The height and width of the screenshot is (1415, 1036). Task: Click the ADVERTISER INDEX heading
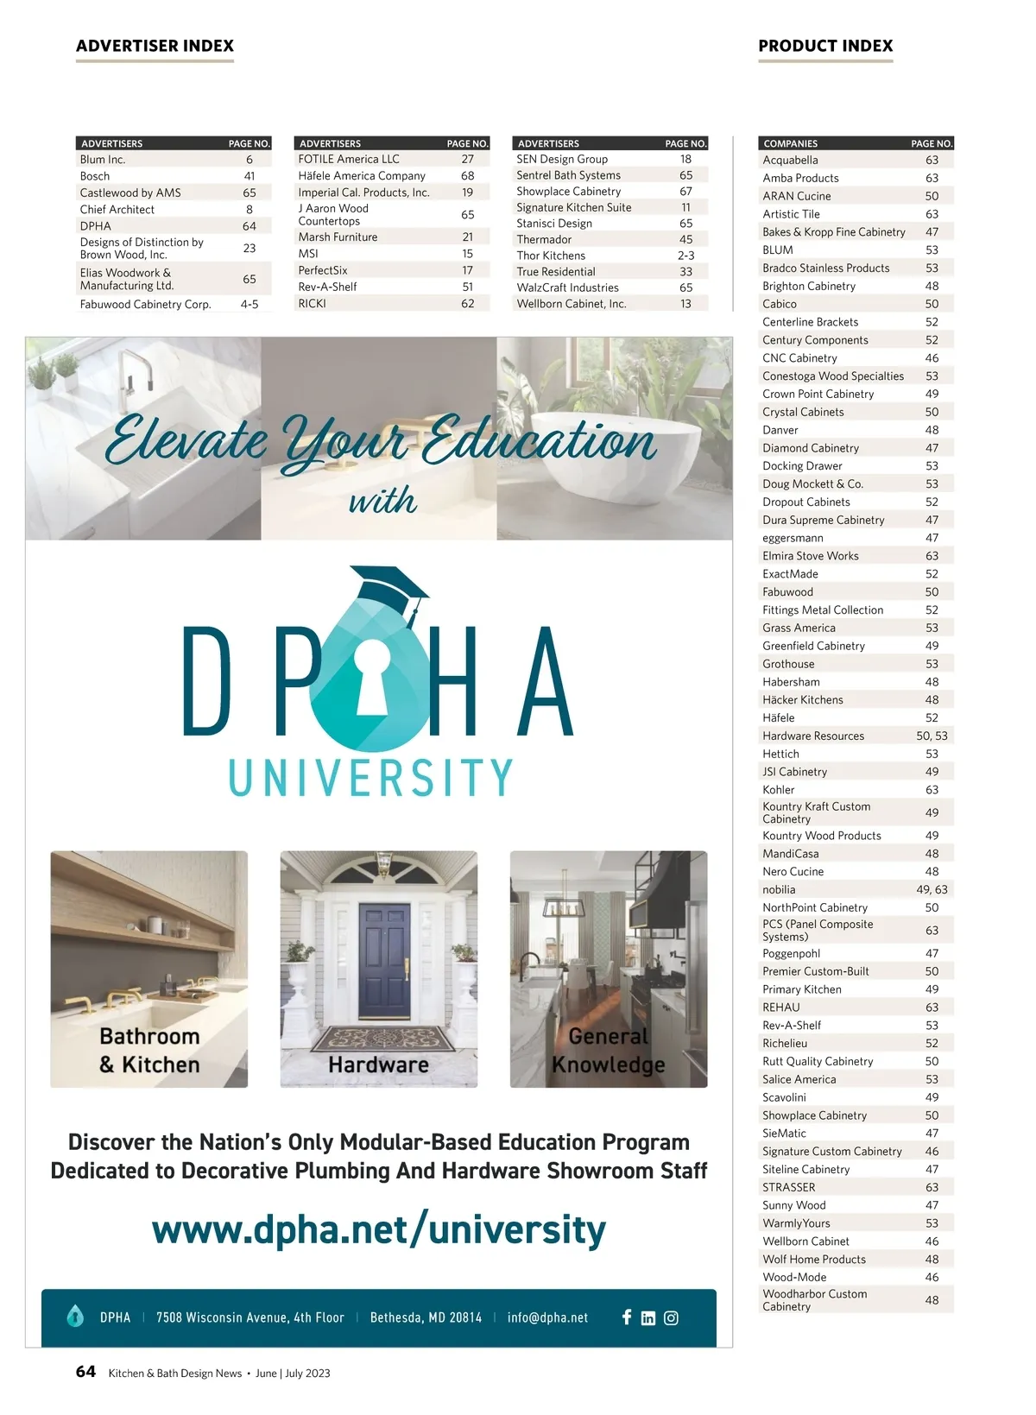155,46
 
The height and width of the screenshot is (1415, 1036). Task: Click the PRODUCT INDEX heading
825,46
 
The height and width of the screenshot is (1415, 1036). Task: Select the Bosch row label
95,176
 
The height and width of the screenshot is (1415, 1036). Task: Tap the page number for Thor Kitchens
685,256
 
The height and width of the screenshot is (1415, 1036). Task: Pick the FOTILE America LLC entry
349,159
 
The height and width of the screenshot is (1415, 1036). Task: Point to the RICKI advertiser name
312,304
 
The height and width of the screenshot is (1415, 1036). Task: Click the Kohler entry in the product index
779,790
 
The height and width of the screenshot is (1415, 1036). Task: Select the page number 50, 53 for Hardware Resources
932,736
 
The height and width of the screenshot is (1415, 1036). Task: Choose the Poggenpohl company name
791,954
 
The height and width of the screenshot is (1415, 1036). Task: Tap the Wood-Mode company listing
794,1278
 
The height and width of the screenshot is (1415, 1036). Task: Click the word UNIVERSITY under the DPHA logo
371,777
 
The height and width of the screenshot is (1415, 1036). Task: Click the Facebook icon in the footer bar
627,1317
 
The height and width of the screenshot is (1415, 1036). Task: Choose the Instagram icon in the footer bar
671,1318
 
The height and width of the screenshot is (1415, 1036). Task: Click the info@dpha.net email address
547,1318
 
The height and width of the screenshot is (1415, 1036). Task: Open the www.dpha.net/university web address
378,1230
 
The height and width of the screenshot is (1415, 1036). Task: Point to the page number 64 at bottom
85,1372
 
